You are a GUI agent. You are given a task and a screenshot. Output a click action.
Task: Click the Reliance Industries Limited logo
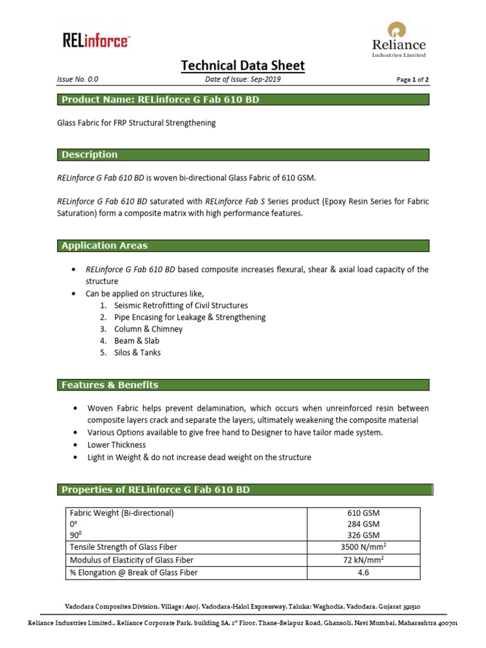coord(398,39)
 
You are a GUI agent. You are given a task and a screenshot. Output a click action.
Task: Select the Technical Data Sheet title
coord(243,65)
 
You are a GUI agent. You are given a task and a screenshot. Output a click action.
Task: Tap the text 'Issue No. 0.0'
coord(77,80)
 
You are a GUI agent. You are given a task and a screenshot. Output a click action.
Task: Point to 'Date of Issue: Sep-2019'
coord(243,80)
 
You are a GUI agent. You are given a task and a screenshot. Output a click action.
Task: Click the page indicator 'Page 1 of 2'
coord(412,80)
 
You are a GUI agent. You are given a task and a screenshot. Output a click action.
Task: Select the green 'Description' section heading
coord(89,154)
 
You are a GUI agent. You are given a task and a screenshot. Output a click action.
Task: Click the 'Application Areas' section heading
coord(104,246)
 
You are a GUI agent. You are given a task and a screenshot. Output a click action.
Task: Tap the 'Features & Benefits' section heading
coord(109,385)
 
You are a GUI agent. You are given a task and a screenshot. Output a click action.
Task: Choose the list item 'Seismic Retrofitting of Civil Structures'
coord(180,306)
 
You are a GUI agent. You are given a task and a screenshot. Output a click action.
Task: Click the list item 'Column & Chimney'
coord(148,329)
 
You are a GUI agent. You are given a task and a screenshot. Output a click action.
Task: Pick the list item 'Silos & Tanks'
coord(137,352)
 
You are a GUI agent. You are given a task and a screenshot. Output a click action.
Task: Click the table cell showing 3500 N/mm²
coord(363,547)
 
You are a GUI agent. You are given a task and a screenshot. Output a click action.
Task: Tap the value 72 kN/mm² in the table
coord(363,560)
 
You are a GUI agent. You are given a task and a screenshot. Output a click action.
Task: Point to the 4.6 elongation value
coord(363,573)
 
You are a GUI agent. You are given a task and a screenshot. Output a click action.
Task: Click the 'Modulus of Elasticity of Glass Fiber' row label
coord(132,560)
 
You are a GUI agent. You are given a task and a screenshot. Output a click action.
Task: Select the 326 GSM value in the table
coord(363,535)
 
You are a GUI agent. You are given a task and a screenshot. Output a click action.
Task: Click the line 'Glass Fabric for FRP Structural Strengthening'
coord(137,123)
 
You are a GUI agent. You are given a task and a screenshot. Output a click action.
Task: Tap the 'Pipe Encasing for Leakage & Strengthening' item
coord(190,317)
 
